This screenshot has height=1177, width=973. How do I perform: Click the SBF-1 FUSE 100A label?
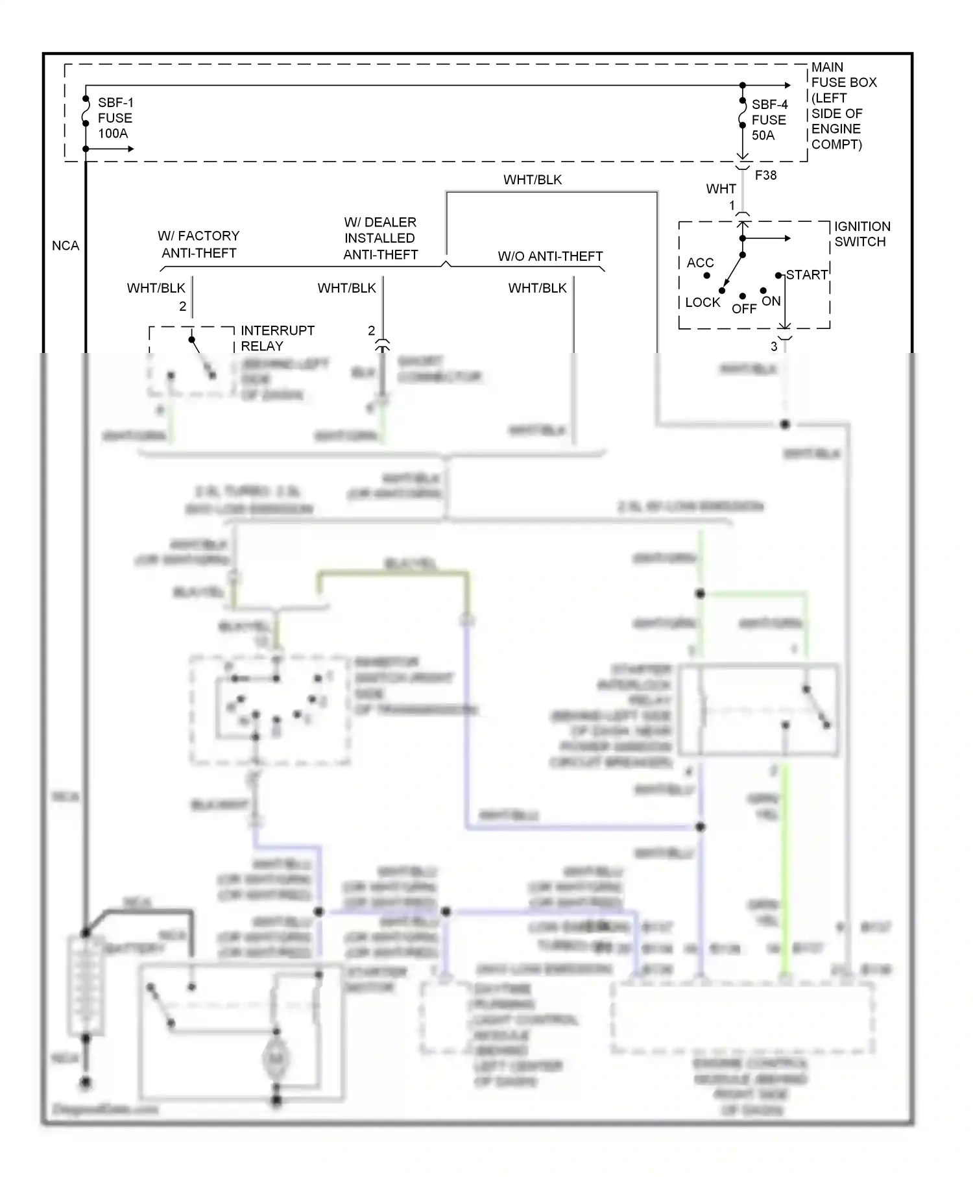[115, 118]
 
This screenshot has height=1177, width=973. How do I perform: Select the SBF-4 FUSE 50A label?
[769, 120]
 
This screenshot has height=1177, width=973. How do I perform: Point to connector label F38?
[765, 175]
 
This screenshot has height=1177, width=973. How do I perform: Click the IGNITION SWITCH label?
[861, 234]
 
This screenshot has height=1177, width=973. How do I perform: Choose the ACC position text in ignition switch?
[700, 263]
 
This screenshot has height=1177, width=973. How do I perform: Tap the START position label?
[806, 275]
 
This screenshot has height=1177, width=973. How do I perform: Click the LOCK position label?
[703, 302]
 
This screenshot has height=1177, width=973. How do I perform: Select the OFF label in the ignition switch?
[743, 309]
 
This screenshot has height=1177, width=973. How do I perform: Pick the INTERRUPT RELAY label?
[277, 338]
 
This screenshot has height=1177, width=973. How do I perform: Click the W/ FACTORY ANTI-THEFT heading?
[198, 245]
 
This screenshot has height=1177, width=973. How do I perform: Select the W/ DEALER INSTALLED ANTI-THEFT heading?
[380, 238]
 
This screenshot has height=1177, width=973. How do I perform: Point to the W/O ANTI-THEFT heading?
[550, 256]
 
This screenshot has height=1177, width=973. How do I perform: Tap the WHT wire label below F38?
[721, 189]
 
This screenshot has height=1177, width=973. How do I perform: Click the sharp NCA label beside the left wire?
[66, 246]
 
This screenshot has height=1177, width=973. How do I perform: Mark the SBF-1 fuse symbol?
[86, 112]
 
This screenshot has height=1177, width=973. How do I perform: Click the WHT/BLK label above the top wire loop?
[533, 180]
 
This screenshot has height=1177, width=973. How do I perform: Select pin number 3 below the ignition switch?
[773, 346]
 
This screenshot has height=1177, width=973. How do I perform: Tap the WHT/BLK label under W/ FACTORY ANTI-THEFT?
[156, 288]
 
